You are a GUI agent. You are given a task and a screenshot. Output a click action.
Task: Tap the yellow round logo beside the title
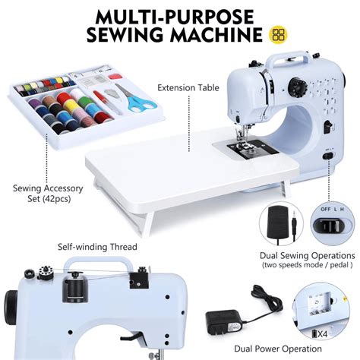(279, 35)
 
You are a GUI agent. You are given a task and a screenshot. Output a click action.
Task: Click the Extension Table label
(187, 87)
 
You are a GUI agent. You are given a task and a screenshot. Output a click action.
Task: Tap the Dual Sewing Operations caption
(307, 256)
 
